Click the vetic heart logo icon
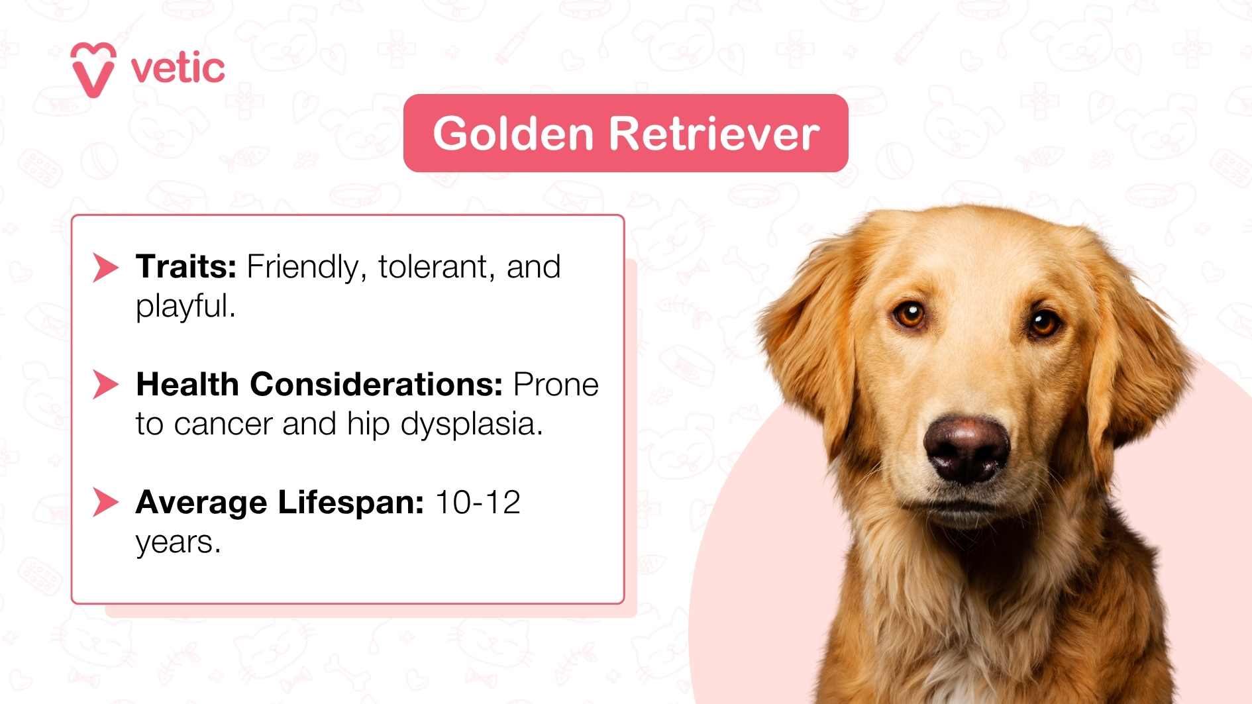coord(93,70)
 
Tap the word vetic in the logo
coord(178,68)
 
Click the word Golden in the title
coord(513,133)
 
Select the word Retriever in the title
coord(714,133)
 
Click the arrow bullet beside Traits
coord(105,267)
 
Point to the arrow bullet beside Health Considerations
coord(105,385)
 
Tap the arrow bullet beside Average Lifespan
coord(105,502)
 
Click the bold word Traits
coord(185,267)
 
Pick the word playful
coord(185,307)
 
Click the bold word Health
coord(187,384)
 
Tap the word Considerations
coord(376,384)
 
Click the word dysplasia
coord(471,425)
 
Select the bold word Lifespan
coord(350,502)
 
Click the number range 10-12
coord(478,502)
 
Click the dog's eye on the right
coord(1043,323)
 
